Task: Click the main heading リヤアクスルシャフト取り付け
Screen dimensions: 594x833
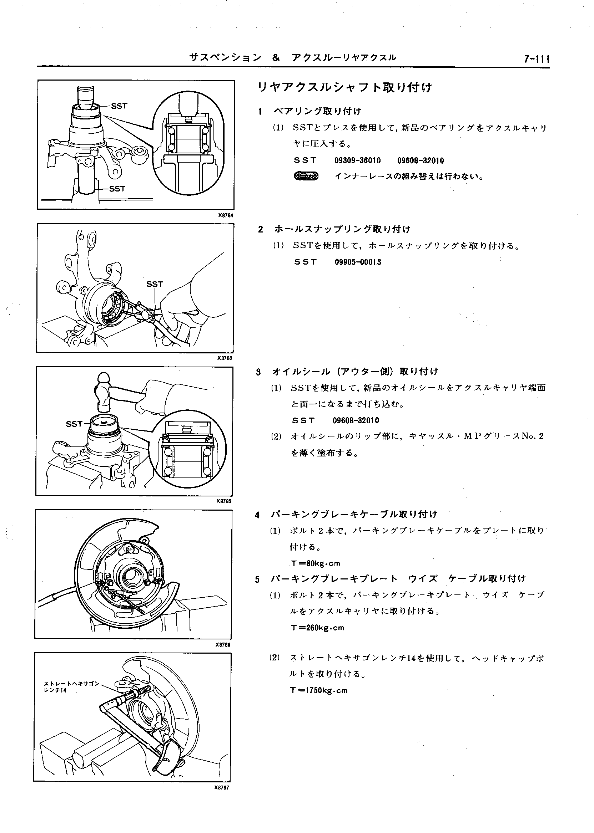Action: [x=344, y=88]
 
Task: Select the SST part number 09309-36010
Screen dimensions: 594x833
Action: [x=357, y=161]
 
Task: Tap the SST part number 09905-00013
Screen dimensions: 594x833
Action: [x=358, y=262]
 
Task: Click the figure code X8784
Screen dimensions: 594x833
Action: [x=225, y=215]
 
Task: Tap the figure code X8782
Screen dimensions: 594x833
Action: [x=225, y=358]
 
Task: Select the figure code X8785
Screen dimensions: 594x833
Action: [x=224, y=501]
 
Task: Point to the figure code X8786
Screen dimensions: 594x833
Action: [x=223, y=645]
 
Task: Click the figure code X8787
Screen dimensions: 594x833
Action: [x=222, y=788]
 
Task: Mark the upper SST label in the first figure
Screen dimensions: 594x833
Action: [x=119, y=106]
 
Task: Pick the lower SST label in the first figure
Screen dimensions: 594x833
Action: [x=117, y=189]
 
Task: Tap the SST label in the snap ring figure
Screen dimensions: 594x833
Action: [x=154, y=284]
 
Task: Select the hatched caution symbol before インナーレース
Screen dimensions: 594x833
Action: [x=306, y=177]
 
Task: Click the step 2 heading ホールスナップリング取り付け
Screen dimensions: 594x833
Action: [x=342, y=229]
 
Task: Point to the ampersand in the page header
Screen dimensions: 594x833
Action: [x=276, y=57]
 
